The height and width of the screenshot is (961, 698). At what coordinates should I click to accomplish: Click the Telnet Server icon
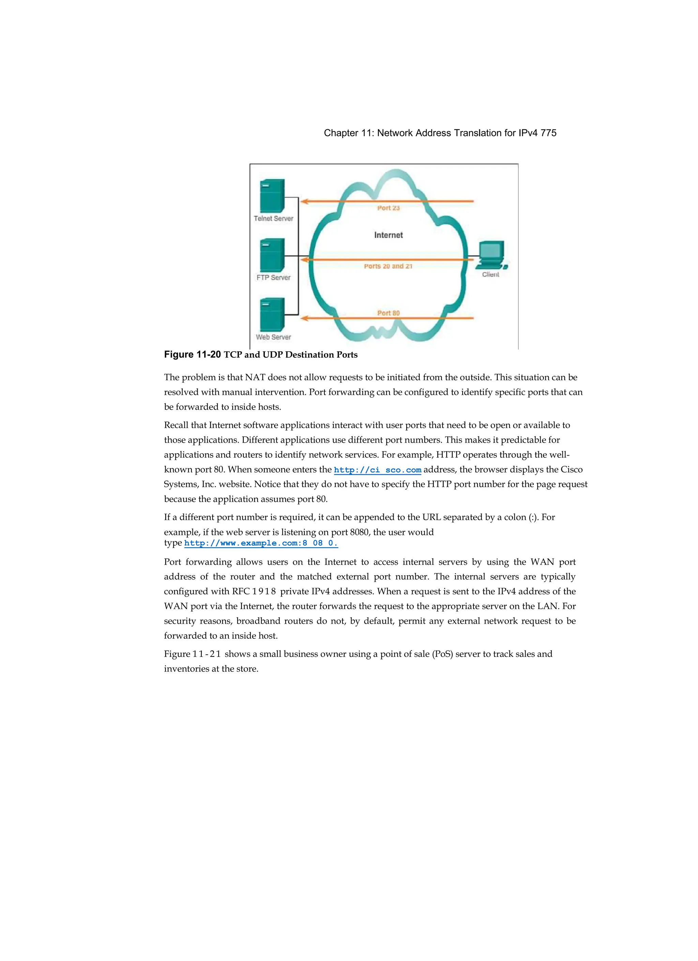coord(272,196)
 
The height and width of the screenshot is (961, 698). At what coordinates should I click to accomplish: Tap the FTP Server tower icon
coord(272,255)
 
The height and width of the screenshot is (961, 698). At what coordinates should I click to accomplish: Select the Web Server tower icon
coord(272,314)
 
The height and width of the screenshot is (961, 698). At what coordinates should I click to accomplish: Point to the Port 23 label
coord(389,208)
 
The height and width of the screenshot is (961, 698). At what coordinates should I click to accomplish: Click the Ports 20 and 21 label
coord(388,266)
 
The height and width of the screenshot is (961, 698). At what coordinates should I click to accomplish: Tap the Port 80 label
coord(389,313)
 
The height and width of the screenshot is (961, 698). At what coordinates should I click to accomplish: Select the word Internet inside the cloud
coord(389,235)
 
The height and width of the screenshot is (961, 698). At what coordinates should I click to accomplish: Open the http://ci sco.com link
coord(377,470)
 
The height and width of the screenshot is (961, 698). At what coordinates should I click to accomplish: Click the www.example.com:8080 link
coord(261,543)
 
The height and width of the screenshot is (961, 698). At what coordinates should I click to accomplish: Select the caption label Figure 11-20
coord(192,355)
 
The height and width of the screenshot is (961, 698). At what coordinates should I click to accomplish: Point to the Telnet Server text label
coord(273,219)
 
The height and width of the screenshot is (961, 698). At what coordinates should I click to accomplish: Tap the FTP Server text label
coord(273,278)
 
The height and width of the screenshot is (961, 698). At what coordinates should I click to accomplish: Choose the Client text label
coord(490,275)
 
